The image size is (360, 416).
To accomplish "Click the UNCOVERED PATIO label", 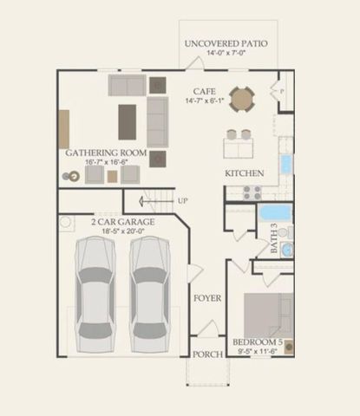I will tap(226, 42).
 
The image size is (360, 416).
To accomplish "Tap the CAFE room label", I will tap(206, 89).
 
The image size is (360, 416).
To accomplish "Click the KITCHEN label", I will tap(244, 173).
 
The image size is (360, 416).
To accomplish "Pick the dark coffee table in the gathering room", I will tap(128, 121).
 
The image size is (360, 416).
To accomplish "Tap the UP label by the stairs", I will tap(183, 201).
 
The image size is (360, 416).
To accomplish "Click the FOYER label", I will tap(206, 298).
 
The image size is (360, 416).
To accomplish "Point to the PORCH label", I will tap(206, 354).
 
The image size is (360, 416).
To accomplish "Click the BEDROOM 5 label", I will tap(260, 343).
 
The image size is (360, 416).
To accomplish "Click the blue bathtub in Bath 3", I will tap(277, 212).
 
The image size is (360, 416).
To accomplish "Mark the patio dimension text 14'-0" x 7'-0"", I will tap(226, 53).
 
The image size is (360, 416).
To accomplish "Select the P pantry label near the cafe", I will tap(282, 88).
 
